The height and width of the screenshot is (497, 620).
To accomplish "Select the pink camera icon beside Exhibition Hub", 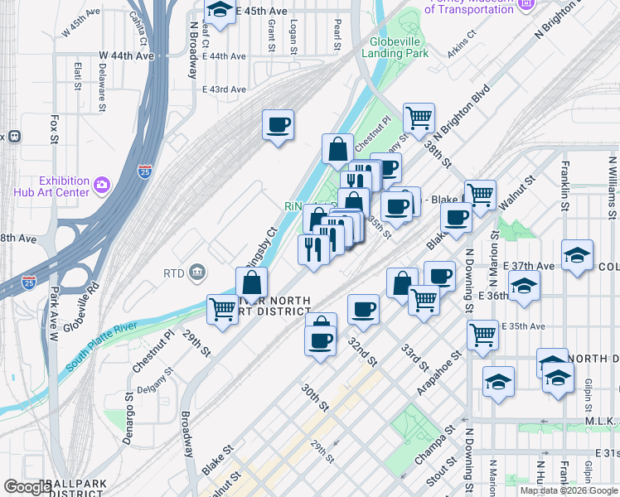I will coord(101,183).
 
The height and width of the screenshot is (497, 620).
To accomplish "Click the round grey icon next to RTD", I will coord(197,272).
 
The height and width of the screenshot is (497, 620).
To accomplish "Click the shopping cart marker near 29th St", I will coord(222,309).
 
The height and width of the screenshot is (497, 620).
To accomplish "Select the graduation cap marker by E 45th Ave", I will coord(220,10).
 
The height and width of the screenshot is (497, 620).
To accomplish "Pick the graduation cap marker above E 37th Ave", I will coord(577,254).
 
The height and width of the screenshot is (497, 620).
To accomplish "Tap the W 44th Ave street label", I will coord(127,55).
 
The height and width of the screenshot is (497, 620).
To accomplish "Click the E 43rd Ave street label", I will coord(224,89).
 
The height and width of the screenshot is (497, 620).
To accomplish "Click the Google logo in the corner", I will coord(27,487).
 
